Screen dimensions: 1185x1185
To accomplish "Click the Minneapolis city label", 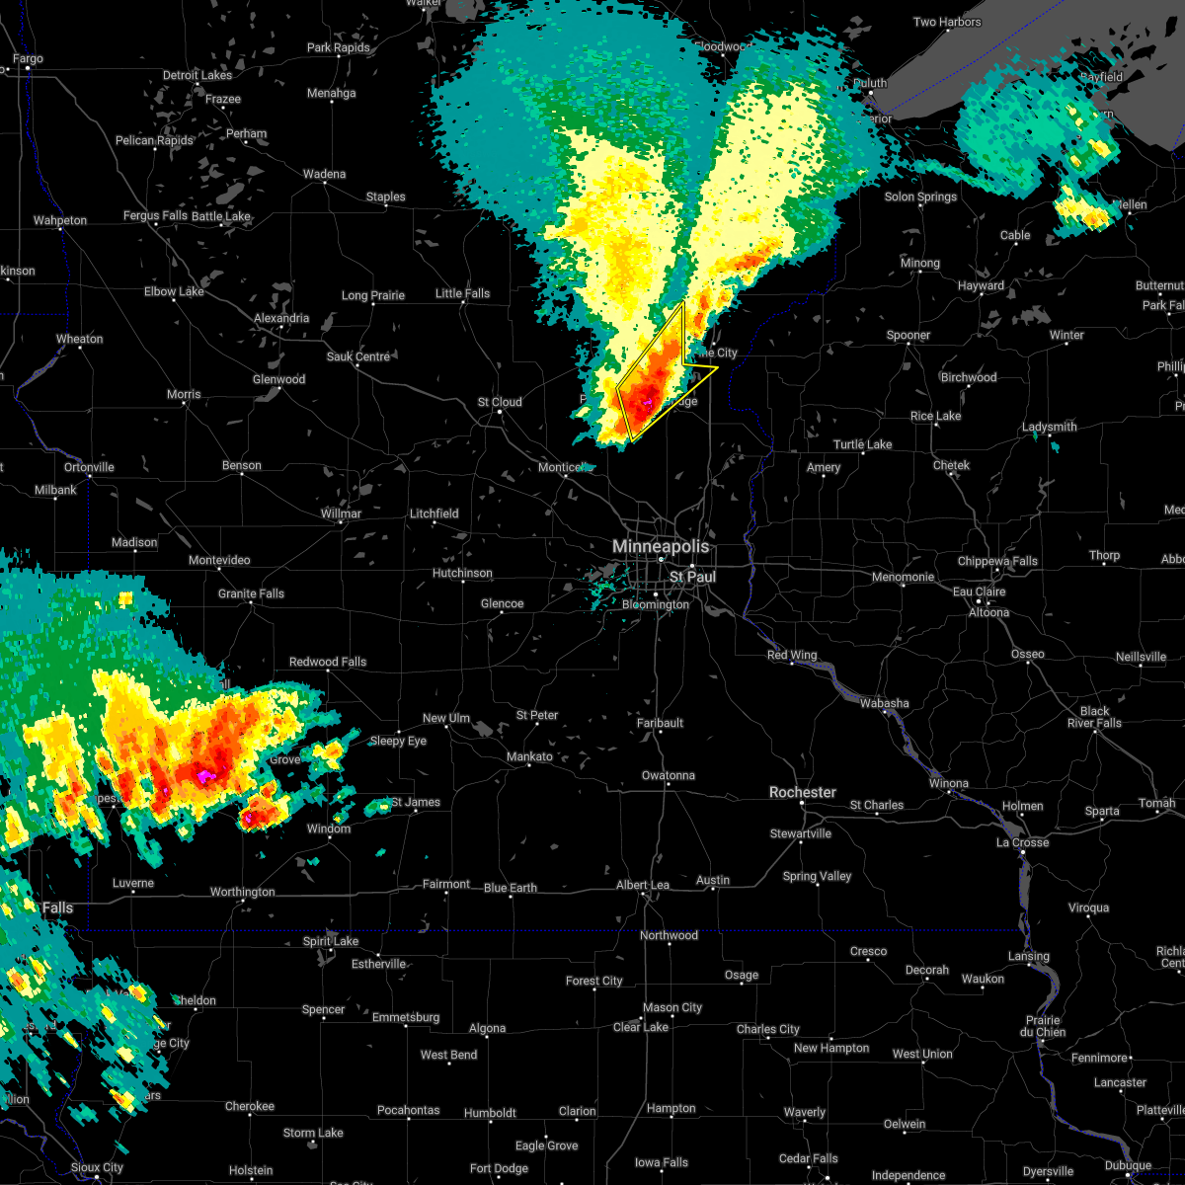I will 661,546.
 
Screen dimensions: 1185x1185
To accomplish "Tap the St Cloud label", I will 499,402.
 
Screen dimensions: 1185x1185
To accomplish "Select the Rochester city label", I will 803,792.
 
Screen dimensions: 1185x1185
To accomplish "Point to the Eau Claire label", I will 980,592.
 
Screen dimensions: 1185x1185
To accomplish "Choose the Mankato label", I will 529,756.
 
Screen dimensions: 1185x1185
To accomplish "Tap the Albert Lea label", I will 643,885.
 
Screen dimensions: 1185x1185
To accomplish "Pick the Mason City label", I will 671,1007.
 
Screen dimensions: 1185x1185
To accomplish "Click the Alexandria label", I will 281,318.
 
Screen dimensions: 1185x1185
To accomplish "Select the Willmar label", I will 341,513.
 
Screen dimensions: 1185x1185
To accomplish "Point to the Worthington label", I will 242,892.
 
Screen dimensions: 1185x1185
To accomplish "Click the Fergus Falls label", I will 155,215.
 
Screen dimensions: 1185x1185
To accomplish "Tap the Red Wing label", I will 792,656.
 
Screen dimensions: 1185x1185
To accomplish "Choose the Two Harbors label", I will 947,22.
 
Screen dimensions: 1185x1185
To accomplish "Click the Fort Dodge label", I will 499,1168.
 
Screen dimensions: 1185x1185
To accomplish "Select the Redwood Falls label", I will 328,662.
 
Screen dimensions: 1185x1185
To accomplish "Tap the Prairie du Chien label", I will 1043,1026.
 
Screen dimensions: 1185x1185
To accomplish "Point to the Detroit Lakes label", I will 197,75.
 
